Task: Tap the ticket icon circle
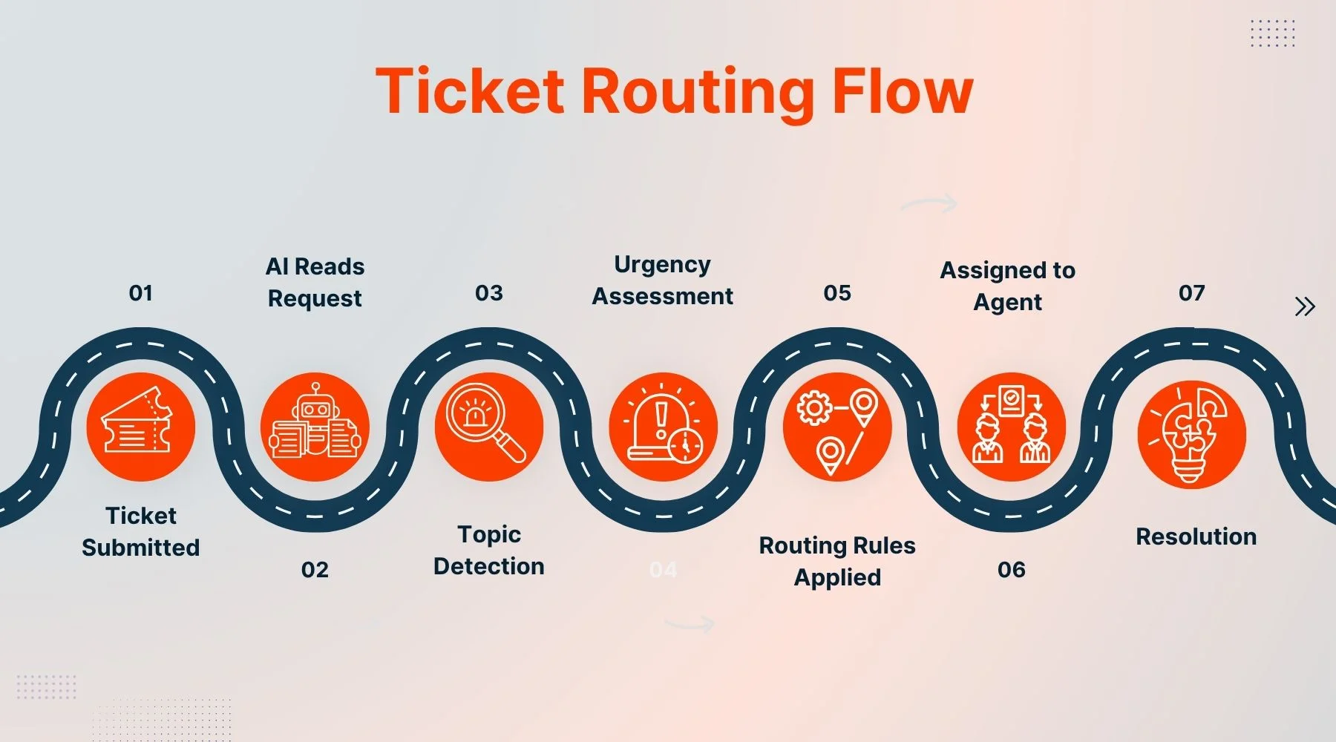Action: [140, 427]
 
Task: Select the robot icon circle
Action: [315, 427]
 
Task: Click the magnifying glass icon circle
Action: [488, 427]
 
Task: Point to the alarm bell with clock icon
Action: [663, 427]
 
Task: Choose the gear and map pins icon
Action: [837, 427]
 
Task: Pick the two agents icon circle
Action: [1011, 427]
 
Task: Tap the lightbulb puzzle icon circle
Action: [1191, 434]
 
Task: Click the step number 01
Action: [140, 293]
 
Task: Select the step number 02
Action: [315, 570]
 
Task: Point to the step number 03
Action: [488, 293]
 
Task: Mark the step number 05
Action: [837, 293]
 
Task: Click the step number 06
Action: [1011, 570]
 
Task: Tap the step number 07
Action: [1191, 293]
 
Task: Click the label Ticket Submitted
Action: [140, 531]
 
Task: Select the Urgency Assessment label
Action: [662, 280]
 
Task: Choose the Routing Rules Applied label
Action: [837, 561]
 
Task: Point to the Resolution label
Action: [1196, 536]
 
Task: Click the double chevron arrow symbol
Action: [1304, 306]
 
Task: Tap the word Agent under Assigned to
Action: [1007, 303]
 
